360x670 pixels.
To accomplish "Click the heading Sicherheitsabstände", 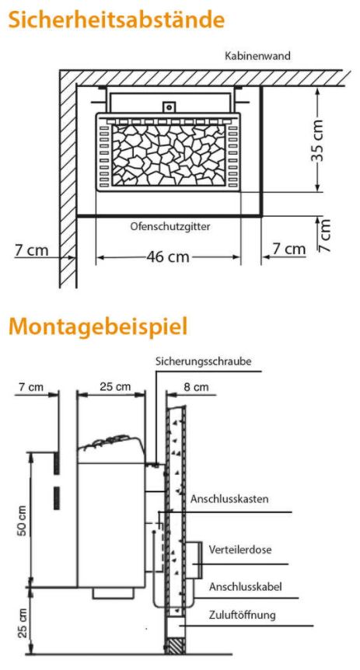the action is click(x=117, y=19).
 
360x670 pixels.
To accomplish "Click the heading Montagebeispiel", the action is click(x=98, y=326).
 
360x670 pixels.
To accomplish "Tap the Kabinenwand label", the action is click(x=258, y=55).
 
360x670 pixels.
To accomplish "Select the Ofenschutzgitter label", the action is click(x=170, y=226).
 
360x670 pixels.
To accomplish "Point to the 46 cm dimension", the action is click(x=168, y=257).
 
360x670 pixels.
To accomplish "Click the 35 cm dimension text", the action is click(x=316, y=141).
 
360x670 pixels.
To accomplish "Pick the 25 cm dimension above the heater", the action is click(x=115, y=387).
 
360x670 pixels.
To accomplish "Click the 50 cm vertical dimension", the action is click(x=23, y=520).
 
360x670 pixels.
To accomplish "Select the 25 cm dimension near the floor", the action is click(x=23, y=623).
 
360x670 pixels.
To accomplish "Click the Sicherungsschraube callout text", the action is click(x=203, y=361).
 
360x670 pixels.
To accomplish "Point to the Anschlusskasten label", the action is click(x=229, y=499).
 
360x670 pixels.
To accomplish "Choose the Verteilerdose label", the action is click(x=239, y=550).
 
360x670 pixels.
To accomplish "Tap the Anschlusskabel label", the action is click(x=246, y=587).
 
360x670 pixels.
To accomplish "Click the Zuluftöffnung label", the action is click(x=243, y=616).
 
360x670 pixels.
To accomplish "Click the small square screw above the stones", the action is click(x=170, y=106).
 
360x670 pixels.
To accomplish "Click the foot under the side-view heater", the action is click(x=114, y=592).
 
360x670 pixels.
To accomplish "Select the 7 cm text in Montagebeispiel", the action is click(x=32, y=387).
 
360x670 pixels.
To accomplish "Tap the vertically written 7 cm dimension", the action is click(x=325, y=235).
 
